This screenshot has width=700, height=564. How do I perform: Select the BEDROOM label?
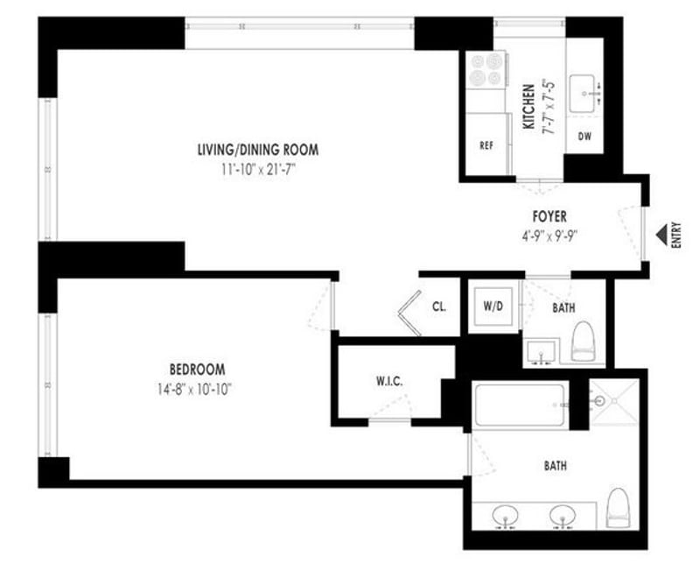198,369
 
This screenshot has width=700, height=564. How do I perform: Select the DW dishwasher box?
585,136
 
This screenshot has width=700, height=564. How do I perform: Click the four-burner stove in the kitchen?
487,70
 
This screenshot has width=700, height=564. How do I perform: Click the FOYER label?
550,215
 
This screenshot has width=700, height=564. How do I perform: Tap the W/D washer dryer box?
492,307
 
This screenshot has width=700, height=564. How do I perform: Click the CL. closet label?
440,307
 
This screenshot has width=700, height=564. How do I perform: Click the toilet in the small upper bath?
582,342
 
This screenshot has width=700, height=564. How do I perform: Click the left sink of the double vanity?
505,515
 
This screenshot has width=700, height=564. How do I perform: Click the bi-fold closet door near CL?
409,314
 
